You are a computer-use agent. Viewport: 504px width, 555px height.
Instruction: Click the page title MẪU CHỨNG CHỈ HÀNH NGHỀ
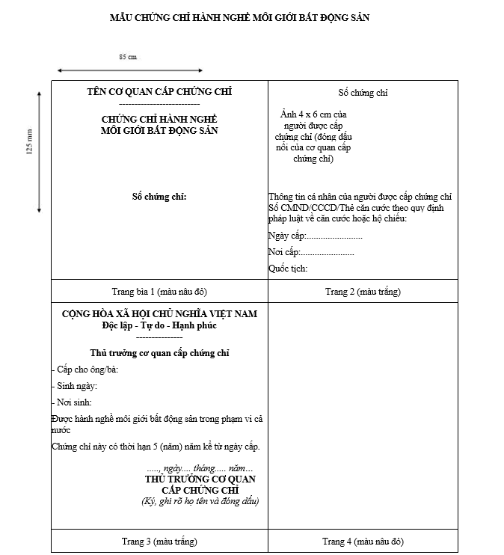(239, 17)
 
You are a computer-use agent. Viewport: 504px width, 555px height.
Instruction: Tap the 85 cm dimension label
(128, 57)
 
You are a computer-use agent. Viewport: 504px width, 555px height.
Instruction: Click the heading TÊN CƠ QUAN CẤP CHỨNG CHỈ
(159, 92)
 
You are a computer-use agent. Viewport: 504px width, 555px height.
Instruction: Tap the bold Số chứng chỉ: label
(159, 196)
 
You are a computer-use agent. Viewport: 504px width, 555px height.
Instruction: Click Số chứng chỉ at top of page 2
(363, 93)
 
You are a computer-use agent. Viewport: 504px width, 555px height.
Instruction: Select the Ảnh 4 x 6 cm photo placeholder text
(313, 136)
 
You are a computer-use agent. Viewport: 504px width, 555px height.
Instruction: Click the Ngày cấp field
(315, 236)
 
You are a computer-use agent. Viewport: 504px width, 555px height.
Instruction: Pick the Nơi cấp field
(311, 252)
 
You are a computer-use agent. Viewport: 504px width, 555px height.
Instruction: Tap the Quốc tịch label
(288, 269)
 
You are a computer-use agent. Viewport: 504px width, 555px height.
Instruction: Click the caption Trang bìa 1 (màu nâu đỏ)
(159, 290)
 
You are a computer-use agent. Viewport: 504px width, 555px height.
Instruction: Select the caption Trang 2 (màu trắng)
(363, 290)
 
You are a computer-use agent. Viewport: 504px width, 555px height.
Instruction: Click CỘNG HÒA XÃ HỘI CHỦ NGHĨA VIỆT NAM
(159, 314)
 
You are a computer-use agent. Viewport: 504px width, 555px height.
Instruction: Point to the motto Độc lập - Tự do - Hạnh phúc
(159, 325)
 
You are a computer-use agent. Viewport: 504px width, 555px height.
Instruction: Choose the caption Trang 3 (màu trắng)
(159, 541)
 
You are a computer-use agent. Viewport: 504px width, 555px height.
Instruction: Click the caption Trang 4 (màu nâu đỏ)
(363, 541)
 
